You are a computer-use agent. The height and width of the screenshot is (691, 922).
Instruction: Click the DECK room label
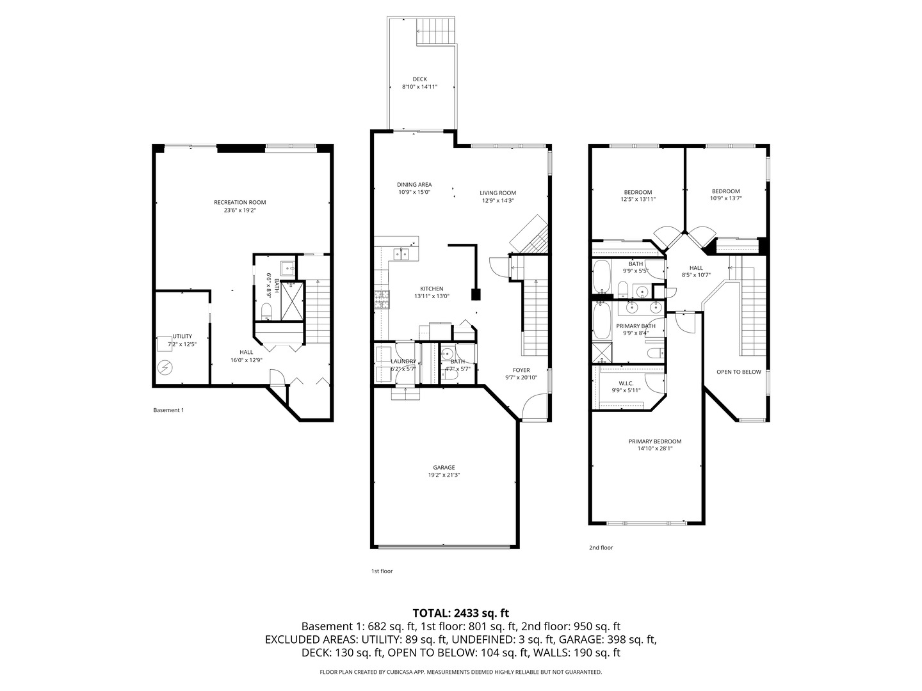[419, 79]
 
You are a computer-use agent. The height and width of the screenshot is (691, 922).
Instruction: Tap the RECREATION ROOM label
[239, 203]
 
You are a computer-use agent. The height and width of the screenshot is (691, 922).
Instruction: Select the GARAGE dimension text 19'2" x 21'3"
[444, 475]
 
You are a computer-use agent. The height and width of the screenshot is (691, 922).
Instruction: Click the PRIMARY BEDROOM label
[654, 441]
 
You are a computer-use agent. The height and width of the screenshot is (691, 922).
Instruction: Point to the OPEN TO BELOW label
[738, 372]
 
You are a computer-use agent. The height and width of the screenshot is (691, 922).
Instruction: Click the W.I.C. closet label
[626, 383]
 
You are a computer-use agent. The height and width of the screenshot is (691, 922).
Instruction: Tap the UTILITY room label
[182, 337]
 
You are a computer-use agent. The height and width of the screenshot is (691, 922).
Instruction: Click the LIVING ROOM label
[497, 193]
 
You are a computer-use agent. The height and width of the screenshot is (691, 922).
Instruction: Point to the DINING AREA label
[414, 185]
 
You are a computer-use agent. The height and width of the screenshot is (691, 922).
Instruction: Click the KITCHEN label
[432, 289]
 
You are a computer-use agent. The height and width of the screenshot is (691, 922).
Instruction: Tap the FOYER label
[521, 370]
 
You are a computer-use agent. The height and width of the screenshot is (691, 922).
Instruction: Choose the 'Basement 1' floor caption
[168, 410]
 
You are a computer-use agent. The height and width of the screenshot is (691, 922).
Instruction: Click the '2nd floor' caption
[601, 548]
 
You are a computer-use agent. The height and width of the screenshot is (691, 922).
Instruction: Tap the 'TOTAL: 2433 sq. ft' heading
[460, 613]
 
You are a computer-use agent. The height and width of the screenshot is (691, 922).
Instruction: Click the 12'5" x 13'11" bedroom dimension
[638, 200]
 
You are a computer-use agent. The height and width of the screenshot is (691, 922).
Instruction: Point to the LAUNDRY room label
[403, 361]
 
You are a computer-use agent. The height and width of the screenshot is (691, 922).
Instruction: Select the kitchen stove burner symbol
[381, 299]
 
